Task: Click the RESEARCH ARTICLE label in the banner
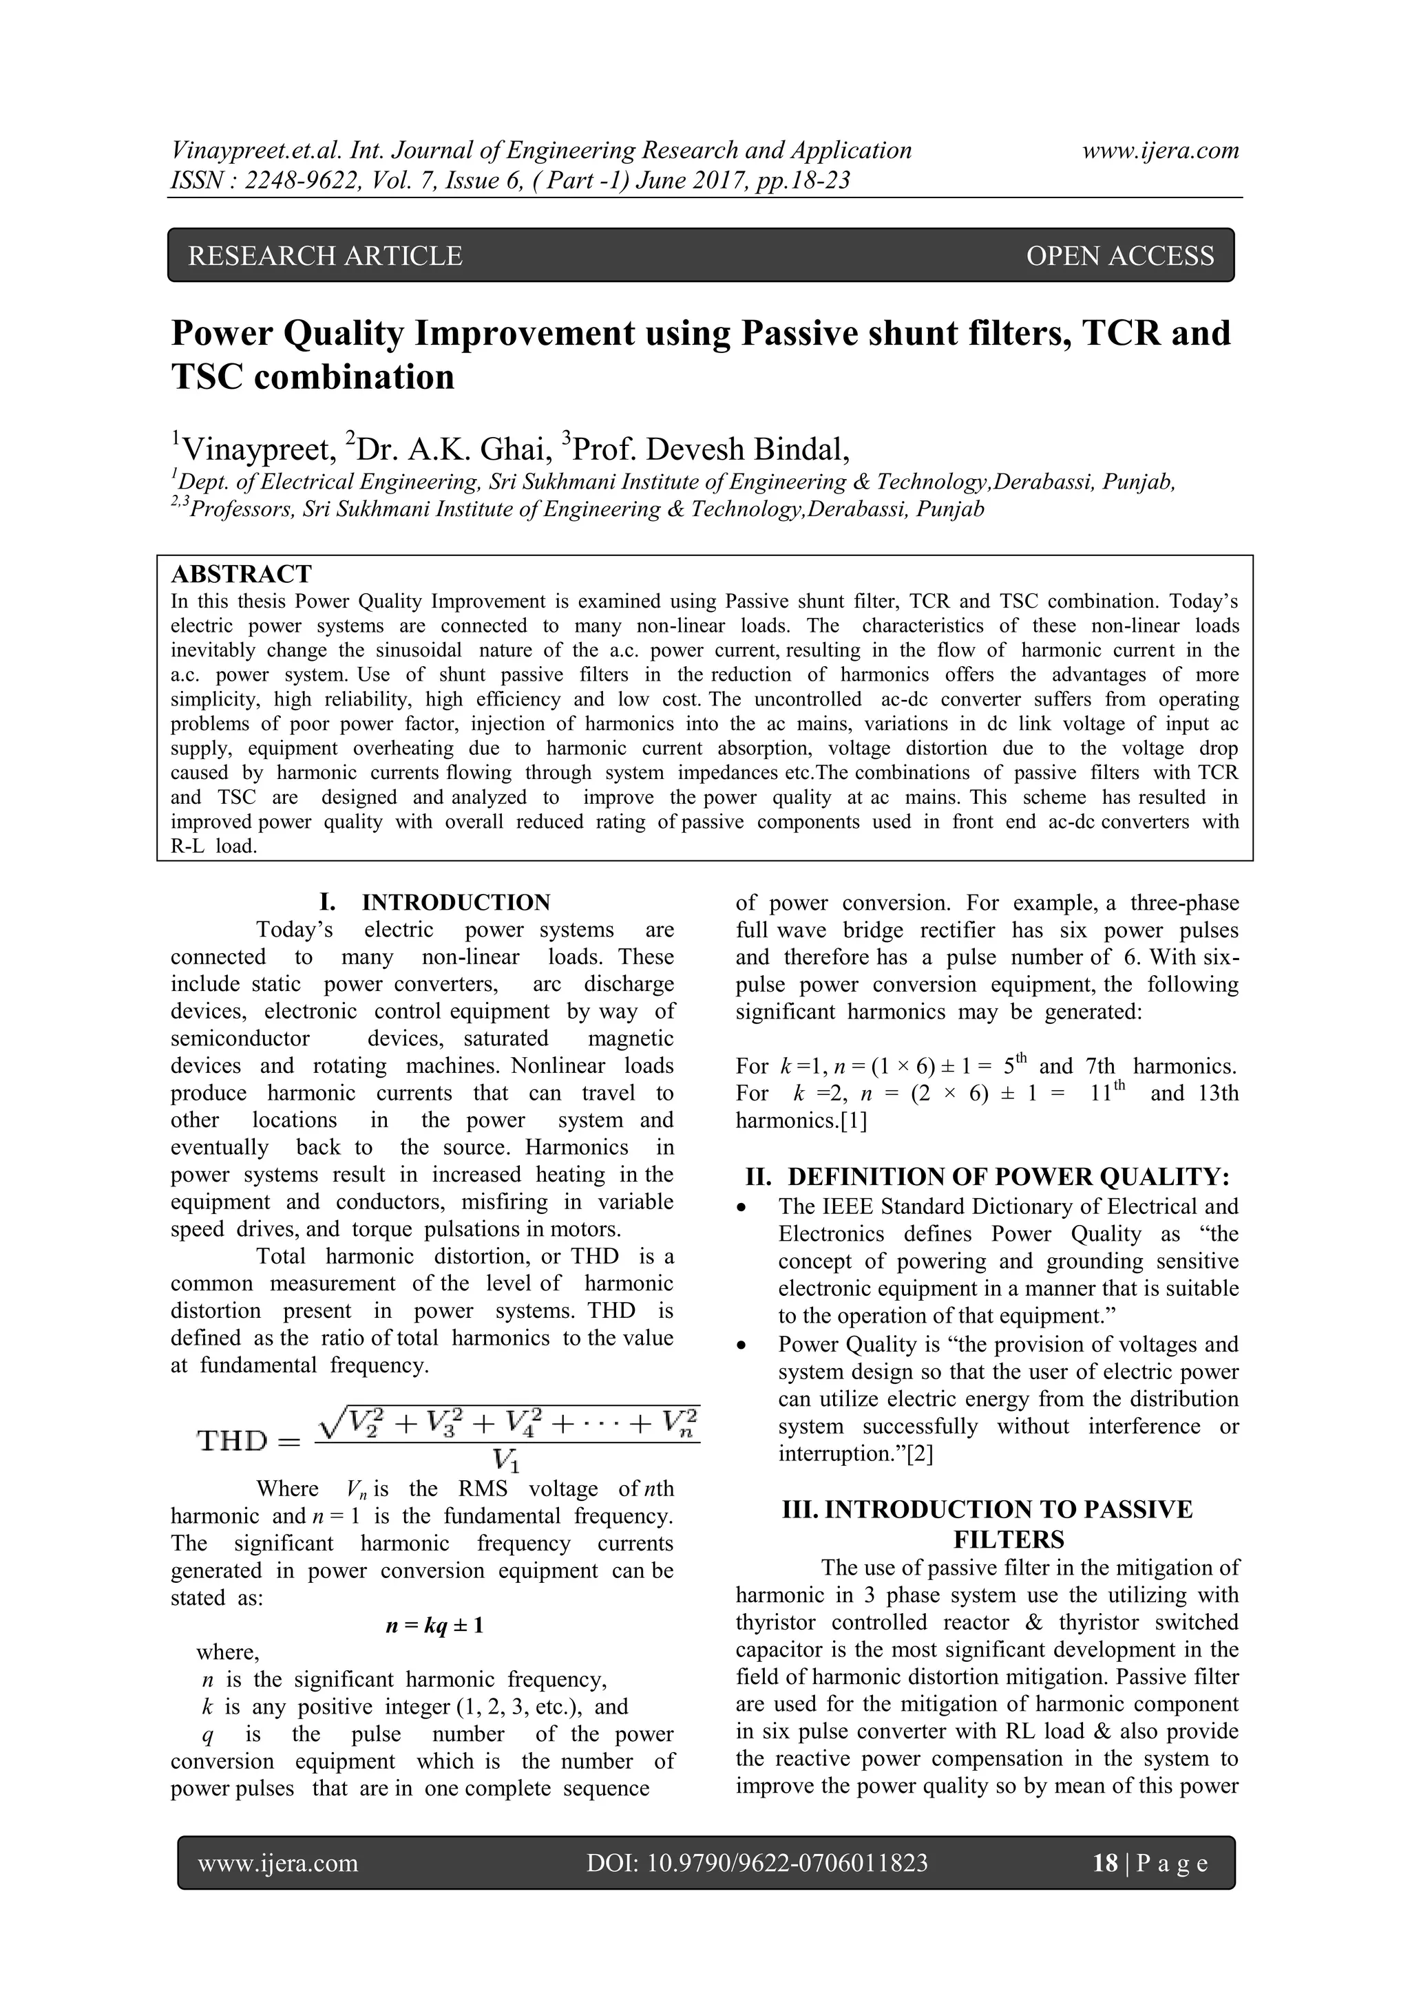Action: pyautogui.click(x=325, y=256)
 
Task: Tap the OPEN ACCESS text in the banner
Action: pyautogui.click(x=1120, y=256)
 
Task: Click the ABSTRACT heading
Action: pyautogui.click(x=242, y=574)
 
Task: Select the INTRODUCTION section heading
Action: pyautogui.click(x=456, y=902)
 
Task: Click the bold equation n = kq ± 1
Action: pyautogui.click(x=434, y=1625)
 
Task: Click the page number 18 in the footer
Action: pyautogui.click(x=1105, y=1863)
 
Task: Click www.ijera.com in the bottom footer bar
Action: pyautogui.click(x=278, y=1863)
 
